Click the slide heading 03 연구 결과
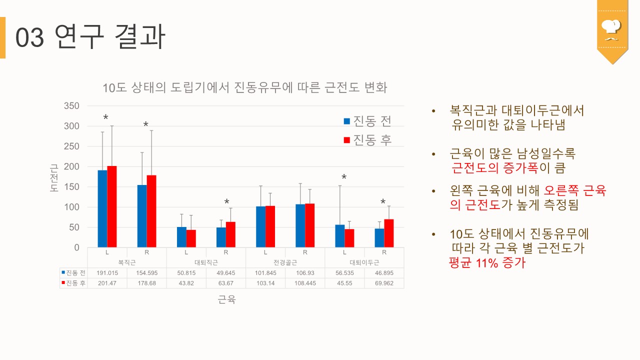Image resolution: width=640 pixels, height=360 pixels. [x=90, y=37]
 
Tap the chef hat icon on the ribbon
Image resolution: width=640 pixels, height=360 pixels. [x=611, y=28]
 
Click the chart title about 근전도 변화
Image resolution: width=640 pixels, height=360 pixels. [x=245, y=88]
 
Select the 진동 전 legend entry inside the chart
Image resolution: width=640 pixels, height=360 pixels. [x=367, y=121]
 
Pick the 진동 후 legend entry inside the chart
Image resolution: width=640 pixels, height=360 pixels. [x=367, y=140]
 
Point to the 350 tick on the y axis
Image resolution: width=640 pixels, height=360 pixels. [x=71, y=106]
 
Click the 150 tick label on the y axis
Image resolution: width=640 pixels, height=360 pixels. [x=71, y=187]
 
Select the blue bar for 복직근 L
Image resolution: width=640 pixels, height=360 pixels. [x=102, y=209]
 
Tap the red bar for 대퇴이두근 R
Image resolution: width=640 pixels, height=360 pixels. [x=389, y=233]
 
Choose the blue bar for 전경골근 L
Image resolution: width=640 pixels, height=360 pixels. [x=260, y=227]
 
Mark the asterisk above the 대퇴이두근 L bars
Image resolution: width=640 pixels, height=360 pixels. [x=344, y=177]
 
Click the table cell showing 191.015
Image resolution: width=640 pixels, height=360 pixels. [x=107, y=272]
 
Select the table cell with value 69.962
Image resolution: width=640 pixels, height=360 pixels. [x=384, y=283]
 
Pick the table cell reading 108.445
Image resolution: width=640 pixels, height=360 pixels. [x=305, y=283]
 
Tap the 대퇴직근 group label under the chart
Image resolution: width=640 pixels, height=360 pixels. [x=206, y=262]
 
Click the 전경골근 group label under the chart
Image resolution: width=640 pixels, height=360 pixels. [x=285, y=262]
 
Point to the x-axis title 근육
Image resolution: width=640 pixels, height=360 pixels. [x=226, y=300]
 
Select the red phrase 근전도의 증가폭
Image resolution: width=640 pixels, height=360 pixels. [x=494, y=168]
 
